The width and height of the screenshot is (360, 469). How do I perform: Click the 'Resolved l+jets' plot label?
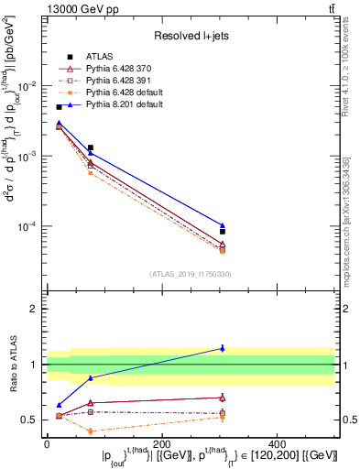click(x=190, y=35)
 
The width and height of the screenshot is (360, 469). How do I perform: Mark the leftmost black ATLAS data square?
click(x=59, y=107)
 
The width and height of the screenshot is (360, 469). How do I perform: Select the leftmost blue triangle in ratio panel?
click(x=59, y=405)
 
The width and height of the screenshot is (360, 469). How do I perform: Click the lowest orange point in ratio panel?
click(x=90, y=431)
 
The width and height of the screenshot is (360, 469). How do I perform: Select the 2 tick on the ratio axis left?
click(x=33, y=309)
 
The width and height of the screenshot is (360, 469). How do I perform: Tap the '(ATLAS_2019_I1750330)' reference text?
click(x=190, y=274)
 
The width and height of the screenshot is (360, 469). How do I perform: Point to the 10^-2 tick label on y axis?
click(x=27, y=85)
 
